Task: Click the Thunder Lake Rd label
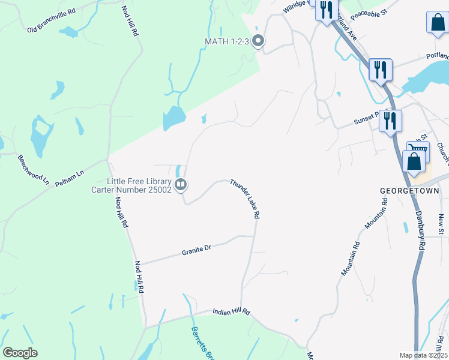(x=246, y=199)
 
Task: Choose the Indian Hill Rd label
(x=231, y=313)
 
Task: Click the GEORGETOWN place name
(x=410, y=191)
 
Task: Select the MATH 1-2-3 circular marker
(x=259, y=41)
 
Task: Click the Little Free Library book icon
(x=181, y=185)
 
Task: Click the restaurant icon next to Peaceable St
(x=326, y=10)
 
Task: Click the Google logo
(x=20, y=353)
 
